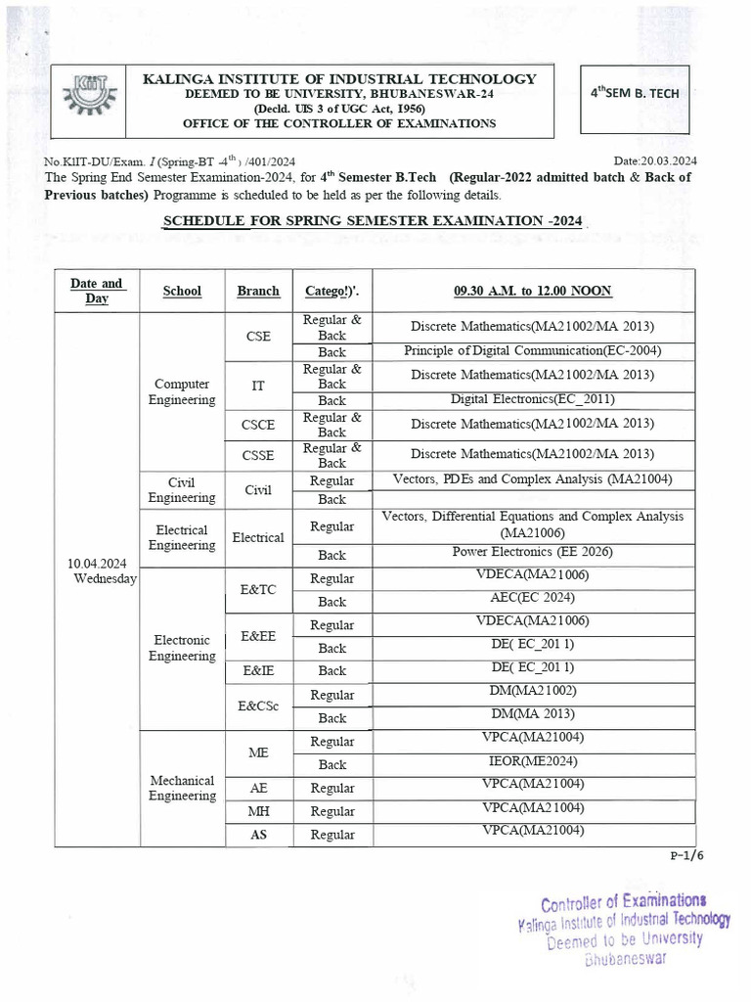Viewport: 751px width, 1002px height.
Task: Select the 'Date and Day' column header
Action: [x=97, y=290]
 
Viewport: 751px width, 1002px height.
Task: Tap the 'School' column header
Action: [x=182, y=291]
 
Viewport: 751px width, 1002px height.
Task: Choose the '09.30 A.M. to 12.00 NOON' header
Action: [x=532, y=291]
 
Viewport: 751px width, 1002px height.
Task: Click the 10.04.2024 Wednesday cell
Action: [x=97, y=571]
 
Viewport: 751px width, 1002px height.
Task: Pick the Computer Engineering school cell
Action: [x=182, y=391]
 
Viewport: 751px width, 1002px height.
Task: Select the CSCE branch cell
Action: [x=258, y=424]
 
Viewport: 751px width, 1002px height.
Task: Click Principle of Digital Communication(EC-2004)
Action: [x=532, y=350]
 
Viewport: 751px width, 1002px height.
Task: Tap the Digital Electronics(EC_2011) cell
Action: [x=532, y=399]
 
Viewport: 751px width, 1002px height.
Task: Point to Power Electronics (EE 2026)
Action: [x=532, y=552]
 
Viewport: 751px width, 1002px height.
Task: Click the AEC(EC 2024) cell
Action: [x=532, y=598]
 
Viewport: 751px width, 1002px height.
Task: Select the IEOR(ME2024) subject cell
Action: [x=532, y=761]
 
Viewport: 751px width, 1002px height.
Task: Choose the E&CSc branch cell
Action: [x=258, y=706]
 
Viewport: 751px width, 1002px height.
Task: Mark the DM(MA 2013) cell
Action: [x=532, y=715]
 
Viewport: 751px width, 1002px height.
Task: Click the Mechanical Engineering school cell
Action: [x=182, y=788]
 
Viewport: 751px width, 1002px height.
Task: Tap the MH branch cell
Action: [x=258, y=811]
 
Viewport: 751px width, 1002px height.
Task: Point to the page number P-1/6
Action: [x=686, y=853]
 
